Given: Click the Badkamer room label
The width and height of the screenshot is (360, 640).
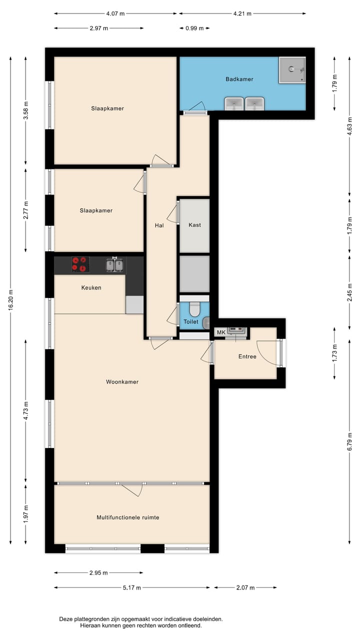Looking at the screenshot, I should coord(239,79).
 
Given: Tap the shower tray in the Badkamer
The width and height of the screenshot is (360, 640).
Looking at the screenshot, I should coord(292,69).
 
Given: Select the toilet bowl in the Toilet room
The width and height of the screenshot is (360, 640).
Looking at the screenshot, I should coord(194,308).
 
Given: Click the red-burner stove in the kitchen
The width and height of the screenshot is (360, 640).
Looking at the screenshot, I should coord(80,264).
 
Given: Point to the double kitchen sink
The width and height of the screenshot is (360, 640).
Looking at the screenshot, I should coord(114,264).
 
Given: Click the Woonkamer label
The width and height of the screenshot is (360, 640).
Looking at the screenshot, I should coord(122,382).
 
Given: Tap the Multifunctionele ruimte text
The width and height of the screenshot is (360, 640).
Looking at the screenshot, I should coord(128,517).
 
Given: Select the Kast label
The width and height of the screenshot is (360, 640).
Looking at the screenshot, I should coord(194,225).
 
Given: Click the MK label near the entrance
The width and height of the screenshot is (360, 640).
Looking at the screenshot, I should coord(220,332).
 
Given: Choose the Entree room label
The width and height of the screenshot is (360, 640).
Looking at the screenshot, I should coord(247,356).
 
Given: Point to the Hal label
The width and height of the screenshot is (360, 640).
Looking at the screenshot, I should coord(159,225).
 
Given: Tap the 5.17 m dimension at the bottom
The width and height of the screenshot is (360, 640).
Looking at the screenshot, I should coord(132,587).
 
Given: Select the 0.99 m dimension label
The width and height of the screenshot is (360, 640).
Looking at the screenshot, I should coord(194,28).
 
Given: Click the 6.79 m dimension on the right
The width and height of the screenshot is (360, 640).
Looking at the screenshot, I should coord(349,441).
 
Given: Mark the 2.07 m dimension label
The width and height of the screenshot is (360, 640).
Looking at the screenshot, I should coord(245,587).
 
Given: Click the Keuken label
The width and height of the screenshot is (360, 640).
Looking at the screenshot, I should coord(91,287).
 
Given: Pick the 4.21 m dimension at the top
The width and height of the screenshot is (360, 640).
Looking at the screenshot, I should coord(241,13).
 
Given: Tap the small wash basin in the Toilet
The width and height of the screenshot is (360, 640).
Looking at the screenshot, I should coord(206,322).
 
